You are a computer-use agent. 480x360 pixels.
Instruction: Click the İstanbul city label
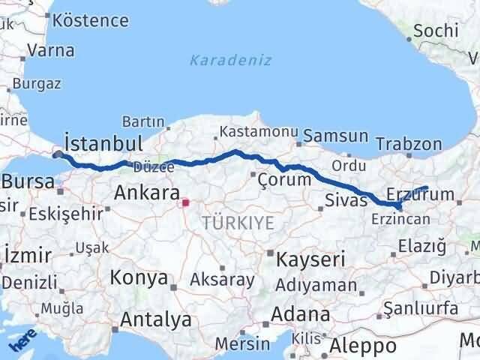(103, 142)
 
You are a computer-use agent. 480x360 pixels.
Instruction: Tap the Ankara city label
(145, 193)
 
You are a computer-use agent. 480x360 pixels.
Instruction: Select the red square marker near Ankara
(185, 202)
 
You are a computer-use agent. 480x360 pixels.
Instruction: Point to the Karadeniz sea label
(230, 60)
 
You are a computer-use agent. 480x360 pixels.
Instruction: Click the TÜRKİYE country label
(238, 222)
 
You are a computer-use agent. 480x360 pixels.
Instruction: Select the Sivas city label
(346, 200)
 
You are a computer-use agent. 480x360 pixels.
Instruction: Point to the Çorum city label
(283, 180)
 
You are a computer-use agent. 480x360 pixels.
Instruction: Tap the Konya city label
(139, 278)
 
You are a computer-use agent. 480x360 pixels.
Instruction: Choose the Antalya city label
(156, 320)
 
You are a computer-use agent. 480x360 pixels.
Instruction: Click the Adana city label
(301, 314)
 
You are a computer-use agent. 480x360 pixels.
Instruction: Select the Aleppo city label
(364, 346)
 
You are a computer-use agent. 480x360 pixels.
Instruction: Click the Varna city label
(50, 51)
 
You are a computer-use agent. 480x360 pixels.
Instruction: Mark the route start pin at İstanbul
(58, 154)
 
